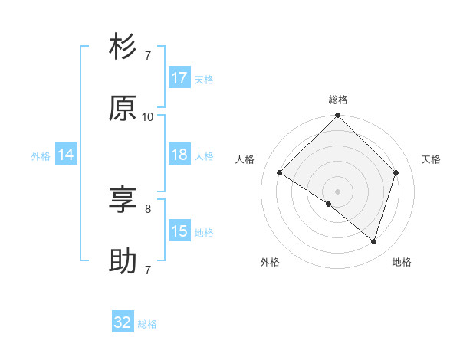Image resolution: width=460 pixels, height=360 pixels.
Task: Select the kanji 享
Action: click(x=123, y=201)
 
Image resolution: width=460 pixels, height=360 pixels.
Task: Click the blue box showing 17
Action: click(x=179, y=78)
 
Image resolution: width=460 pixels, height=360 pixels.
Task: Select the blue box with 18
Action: click(x=179, y=155)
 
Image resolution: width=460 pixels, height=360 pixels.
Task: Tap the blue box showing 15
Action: click(x=179, y=231)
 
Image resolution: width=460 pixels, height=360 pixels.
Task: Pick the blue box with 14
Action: click(x=66, y=155)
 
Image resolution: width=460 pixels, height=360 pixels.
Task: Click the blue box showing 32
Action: click(x=123, y=322)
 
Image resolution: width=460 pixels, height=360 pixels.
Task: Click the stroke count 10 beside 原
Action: click(x=148, y=116)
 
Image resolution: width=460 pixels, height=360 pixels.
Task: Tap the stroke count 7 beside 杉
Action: click(x=148, y=55)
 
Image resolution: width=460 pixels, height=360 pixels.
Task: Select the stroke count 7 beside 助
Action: click(x=148, y=270)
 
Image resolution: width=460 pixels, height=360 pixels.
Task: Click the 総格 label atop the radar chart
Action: click(x=338, y=100)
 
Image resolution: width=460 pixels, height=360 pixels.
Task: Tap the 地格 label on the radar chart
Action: click(x=402, y=262)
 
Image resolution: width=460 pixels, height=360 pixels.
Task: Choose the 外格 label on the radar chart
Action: click(x=270, y=262)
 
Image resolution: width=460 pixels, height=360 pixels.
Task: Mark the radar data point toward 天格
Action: click(x=396, y=172)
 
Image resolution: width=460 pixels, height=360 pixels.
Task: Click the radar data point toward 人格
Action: click(x=280, y=172)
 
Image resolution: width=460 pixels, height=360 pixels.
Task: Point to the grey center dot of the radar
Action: click(x=338, y=191)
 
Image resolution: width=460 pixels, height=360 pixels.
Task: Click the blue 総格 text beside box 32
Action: click(x=147, y=324)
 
